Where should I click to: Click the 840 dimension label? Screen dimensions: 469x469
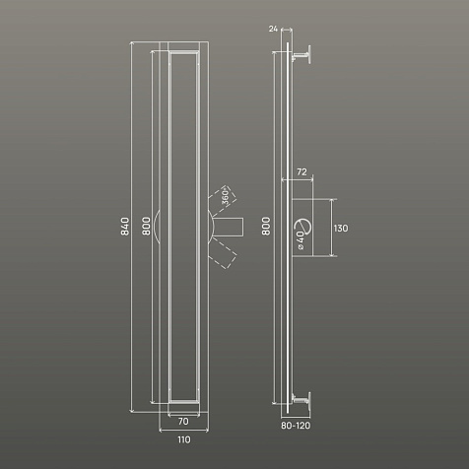pyautogui.click(x=125, y=227)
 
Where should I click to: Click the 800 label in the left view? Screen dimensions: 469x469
pyautogui.click(x=146, y=226)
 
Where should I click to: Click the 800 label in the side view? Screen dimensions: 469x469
pyautogui.click(x=266, y=226)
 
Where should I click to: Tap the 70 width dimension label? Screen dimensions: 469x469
pyautogui.click(x=183, y=421)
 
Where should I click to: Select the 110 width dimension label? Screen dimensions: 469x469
pyautogui.click(x=184, y=439)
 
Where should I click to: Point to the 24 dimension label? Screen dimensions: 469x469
pyautogui.click(x=273, y=29)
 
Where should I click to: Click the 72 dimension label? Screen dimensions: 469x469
pyautogui.click(x=301, y=171)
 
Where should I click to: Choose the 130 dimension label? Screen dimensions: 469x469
pyautogui.click(x=341, y=228)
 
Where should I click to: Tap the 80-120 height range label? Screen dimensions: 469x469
pyautogui.click(x=296, y=426)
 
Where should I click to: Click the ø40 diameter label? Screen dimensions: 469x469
pyautogui.click(x=300, y=239)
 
